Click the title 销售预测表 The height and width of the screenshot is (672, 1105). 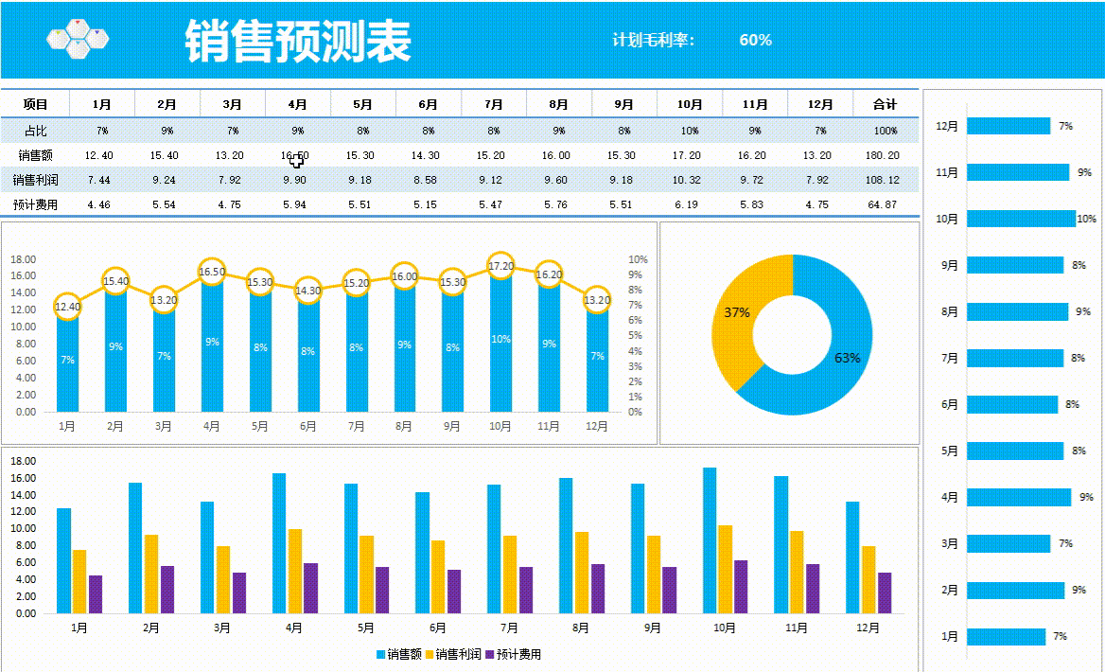click(x=298, y=41)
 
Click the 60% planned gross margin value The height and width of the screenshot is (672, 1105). click(x=755, y=40)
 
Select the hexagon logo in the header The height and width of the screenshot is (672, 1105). click(x=78, y=38)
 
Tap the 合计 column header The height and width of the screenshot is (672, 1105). click(x=885, y=104)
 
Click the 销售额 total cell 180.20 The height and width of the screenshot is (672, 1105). click(x=885, y=155)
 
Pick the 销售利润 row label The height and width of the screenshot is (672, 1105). click(x=35, y=180)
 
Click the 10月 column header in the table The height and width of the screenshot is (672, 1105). click(x=690, y=104)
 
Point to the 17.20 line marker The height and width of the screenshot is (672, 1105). click(x=500, y=267)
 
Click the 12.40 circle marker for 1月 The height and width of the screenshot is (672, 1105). click(x=67, y=306)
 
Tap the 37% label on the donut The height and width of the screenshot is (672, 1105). click(x=737, y=312)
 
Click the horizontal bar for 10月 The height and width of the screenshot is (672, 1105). click(x=1020, y=219)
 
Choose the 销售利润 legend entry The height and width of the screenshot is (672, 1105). click(x=452, y=654)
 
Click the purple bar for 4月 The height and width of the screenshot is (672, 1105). click(x=311, y=588)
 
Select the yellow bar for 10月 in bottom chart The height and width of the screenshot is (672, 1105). click(x=726, y=569)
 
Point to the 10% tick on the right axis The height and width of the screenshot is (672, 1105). click(x=638, y=259)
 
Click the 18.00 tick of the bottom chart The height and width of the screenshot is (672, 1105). click(x=23, y=461)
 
